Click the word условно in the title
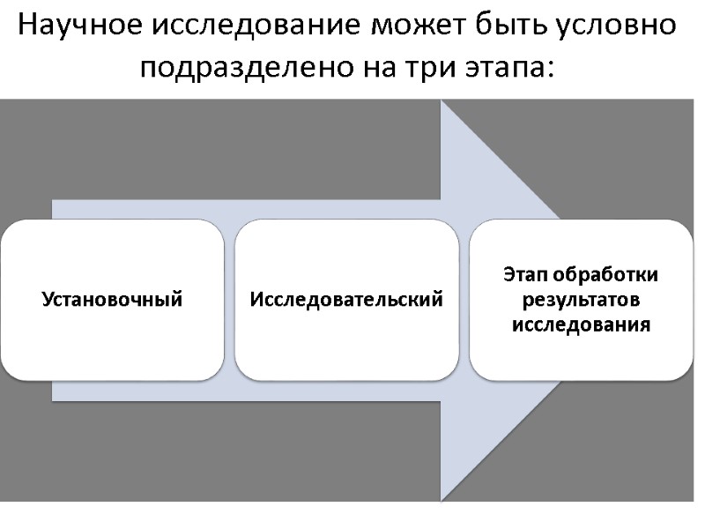point(618,26)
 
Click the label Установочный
point(112,300)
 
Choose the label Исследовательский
point(346,300)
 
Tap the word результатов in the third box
point(581,300)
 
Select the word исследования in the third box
point(581,325)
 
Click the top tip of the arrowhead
point(442,102)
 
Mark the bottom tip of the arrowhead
point(442,498)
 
